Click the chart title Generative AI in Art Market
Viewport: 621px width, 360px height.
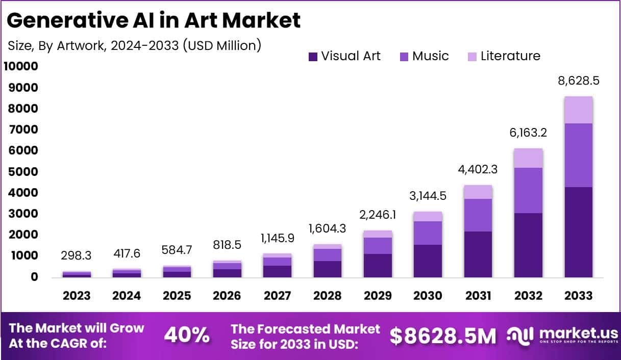[x=154, y=20]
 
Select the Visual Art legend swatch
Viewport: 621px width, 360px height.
[x=313, y=56]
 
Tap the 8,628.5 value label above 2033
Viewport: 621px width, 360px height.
[x=579, y=82]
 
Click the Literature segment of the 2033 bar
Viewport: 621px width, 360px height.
[x=579, y=110]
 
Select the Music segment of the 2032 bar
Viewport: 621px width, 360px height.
[x=528, y=190]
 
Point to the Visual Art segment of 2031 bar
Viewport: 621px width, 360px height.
[x=478, y=254]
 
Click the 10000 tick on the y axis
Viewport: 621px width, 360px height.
[x=21, y=66]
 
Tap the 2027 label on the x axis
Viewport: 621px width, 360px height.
[x=278, y=296]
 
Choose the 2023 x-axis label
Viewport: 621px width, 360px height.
[x=77, y=296]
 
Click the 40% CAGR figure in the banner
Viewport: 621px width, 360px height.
[x=187, y=336]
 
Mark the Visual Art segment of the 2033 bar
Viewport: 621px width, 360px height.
[x=579, y=232]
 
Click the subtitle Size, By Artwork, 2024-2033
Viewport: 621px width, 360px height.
[x=135, y=45]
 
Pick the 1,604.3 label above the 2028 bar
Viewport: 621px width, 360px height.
[x=328, y=229]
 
